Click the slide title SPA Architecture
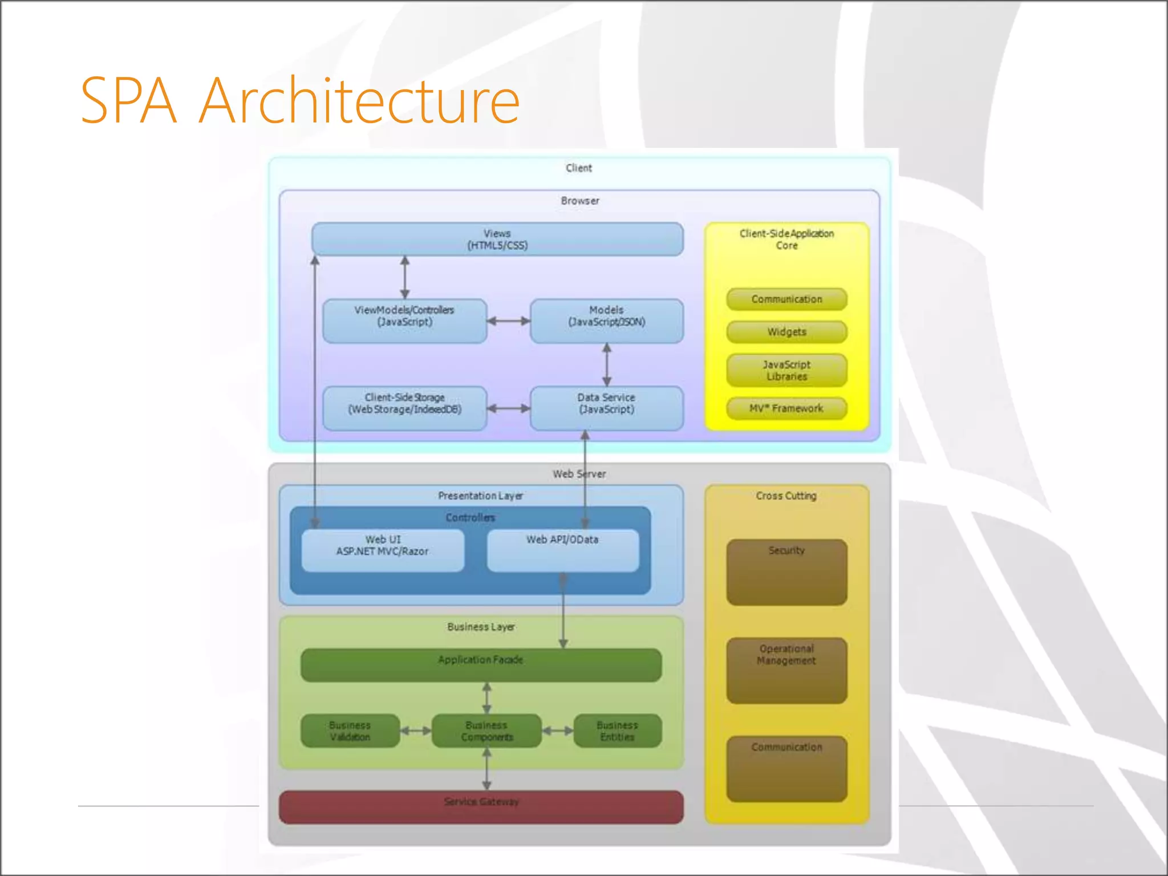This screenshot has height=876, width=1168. [300, 101]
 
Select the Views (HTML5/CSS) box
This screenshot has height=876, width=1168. [497, 240]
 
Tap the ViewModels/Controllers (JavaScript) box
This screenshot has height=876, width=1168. [404, 321]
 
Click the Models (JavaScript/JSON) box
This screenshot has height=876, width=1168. [606, 321]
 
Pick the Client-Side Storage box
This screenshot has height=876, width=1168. [404, 408]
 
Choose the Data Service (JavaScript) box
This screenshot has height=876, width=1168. [606, 408]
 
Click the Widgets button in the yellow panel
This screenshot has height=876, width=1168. [786, 332]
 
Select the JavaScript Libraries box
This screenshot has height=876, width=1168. [786, 370]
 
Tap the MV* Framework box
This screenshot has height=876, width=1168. [786, 408]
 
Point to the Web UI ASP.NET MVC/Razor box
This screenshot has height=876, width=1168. [383, 550]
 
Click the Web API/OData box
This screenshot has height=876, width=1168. [562, 550]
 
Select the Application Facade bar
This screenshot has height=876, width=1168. [481, 664]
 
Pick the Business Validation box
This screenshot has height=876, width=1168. [350, 731]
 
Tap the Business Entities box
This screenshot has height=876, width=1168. [617, 731]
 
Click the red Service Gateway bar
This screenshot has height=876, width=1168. [481, 806]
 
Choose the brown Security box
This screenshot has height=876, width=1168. [786, 572]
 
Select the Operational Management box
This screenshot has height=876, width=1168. [786, 670]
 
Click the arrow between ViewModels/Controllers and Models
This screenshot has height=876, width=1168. [508, 321]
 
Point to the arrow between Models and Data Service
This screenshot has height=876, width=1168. [607, 364]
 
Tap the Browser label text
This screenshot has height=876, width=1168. [579, 201]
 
